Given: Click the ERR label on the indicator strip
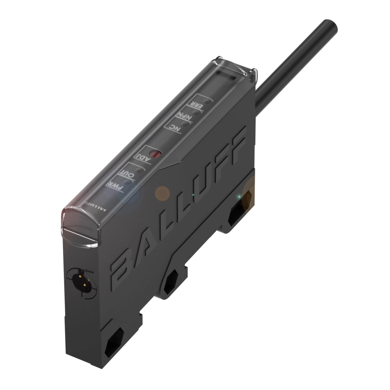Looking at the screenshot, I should pyautogui.click(x=193, y=104).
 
